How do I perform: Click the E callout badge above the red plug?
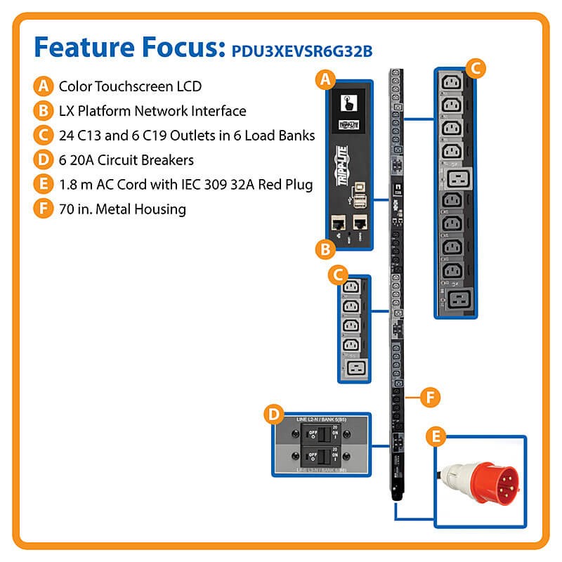[437, 438]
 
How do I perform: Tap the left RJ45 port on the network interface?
[336, 223]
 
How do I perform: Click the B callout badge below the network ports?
[325, 249]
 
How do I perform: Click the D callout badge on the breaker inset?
[273, 414]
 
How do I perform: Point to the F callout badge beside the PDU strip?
[430, 397]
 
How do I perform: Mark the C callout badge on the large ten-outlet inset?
[475, 68]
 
